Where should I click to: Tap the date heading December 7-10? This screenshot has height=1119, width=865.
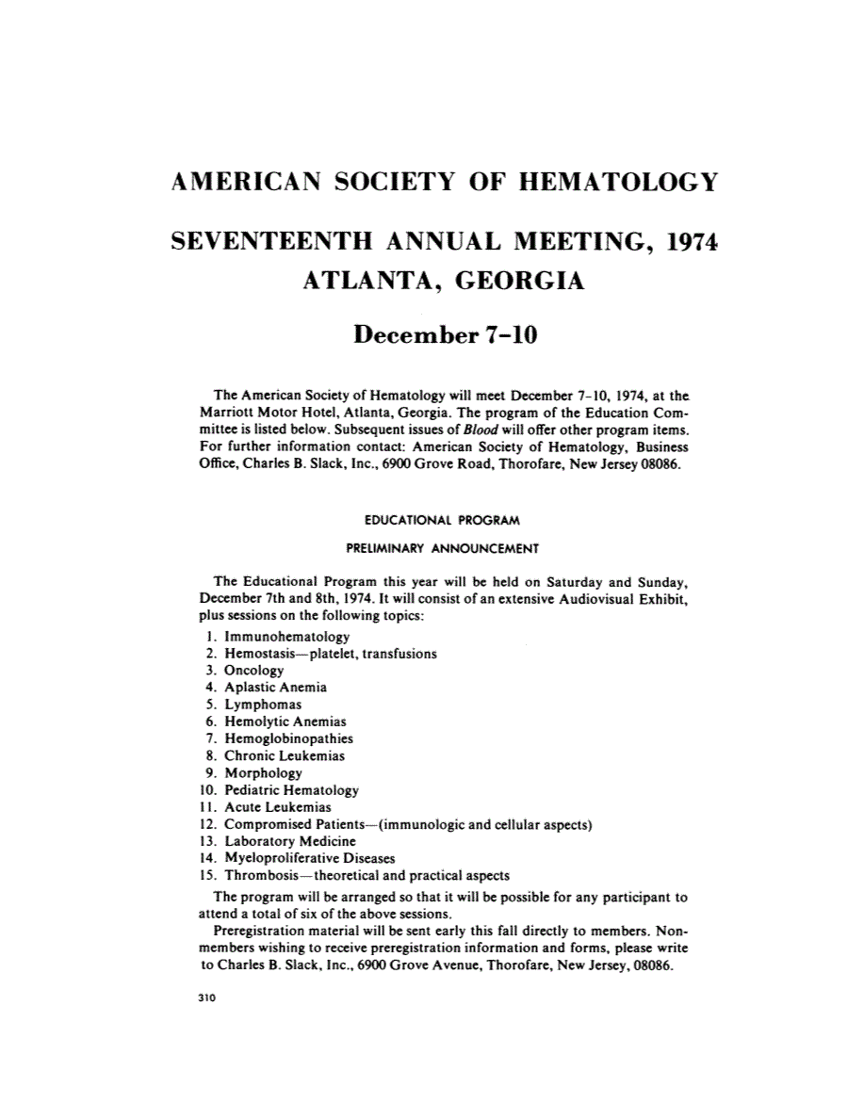point(444,333)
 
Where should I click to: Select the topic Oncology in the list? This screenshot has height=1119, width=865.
point(253,670)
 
